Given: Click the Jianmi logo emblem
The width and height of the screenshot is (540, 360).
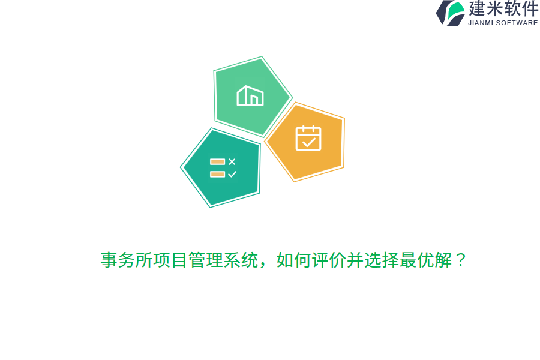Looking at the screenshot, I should [451, 13].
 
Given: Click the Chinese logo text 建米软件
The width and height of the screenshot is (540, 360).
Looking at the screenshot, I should [503, 9].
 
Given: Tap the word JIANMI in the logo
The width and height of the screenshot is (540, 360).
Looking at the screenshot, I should [481, 23].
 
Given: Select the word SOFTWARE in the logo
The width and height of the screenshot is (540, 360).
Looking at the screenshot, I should [517, 23].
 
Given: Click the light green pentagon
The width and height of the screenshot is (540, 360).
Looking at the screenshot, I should [250, 96].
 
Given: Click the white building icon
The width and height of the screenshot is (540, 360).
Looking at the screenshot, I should [250, 96].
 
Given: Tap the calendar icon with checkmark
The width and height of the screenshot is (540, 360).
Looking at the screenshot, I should [308, 138].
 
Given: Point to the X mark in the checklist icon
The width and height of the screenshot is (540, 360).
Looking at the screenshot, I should [232, 161].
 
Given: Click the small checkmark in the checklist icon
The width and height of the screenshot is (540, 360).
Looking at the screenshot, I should [232, 174].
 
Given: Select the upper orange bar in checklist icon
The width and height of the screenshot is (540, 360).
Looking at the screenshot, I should [217, 161].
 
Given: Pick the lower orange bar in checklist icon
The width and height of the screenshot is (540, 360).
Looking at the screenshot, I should [217, 174].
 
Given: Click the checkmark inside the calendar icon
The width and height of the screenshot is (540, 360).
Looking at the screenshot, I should [309, 142].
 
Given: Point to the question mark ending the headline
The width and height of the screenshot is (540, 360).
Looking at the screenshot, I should [461, 260].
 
